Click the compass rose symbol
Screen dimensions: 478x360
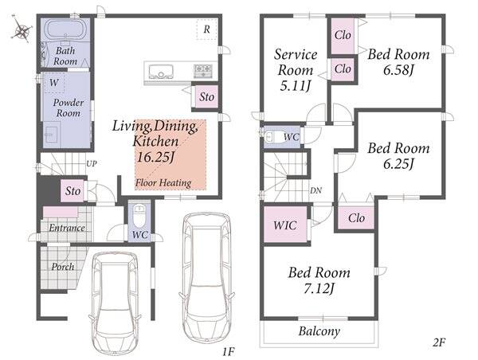[22, 30]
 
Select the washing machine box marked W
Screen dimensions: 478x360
[54, 82]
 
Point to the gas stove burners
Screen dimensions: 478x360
[202, 71]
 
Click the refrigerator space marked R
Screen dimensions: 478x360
[206, 29]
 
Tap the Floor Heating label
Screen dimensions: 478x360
[163, 183]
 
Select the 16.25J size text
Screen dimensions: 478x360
[155, 157]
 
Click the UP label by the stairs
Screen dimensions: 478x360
[92, 164]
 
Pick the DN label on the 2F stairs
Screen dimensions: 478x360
[315, 190]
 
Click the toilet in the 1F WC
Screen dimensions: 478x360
[139, 215]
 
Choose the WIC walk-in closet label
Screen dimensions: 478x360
[285, 225]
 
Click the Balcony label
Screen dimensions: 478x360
[319, 331]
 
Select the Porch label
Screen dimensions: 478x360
[63, 267]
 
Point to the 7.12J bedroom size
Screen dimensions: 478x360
[319, 288]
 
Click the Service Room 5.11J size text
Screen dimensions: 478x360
[295, 86]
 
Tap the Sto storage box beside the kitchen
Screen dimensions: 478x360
[206, 96]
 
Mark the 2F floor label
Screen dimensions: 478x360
[439, 343]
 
